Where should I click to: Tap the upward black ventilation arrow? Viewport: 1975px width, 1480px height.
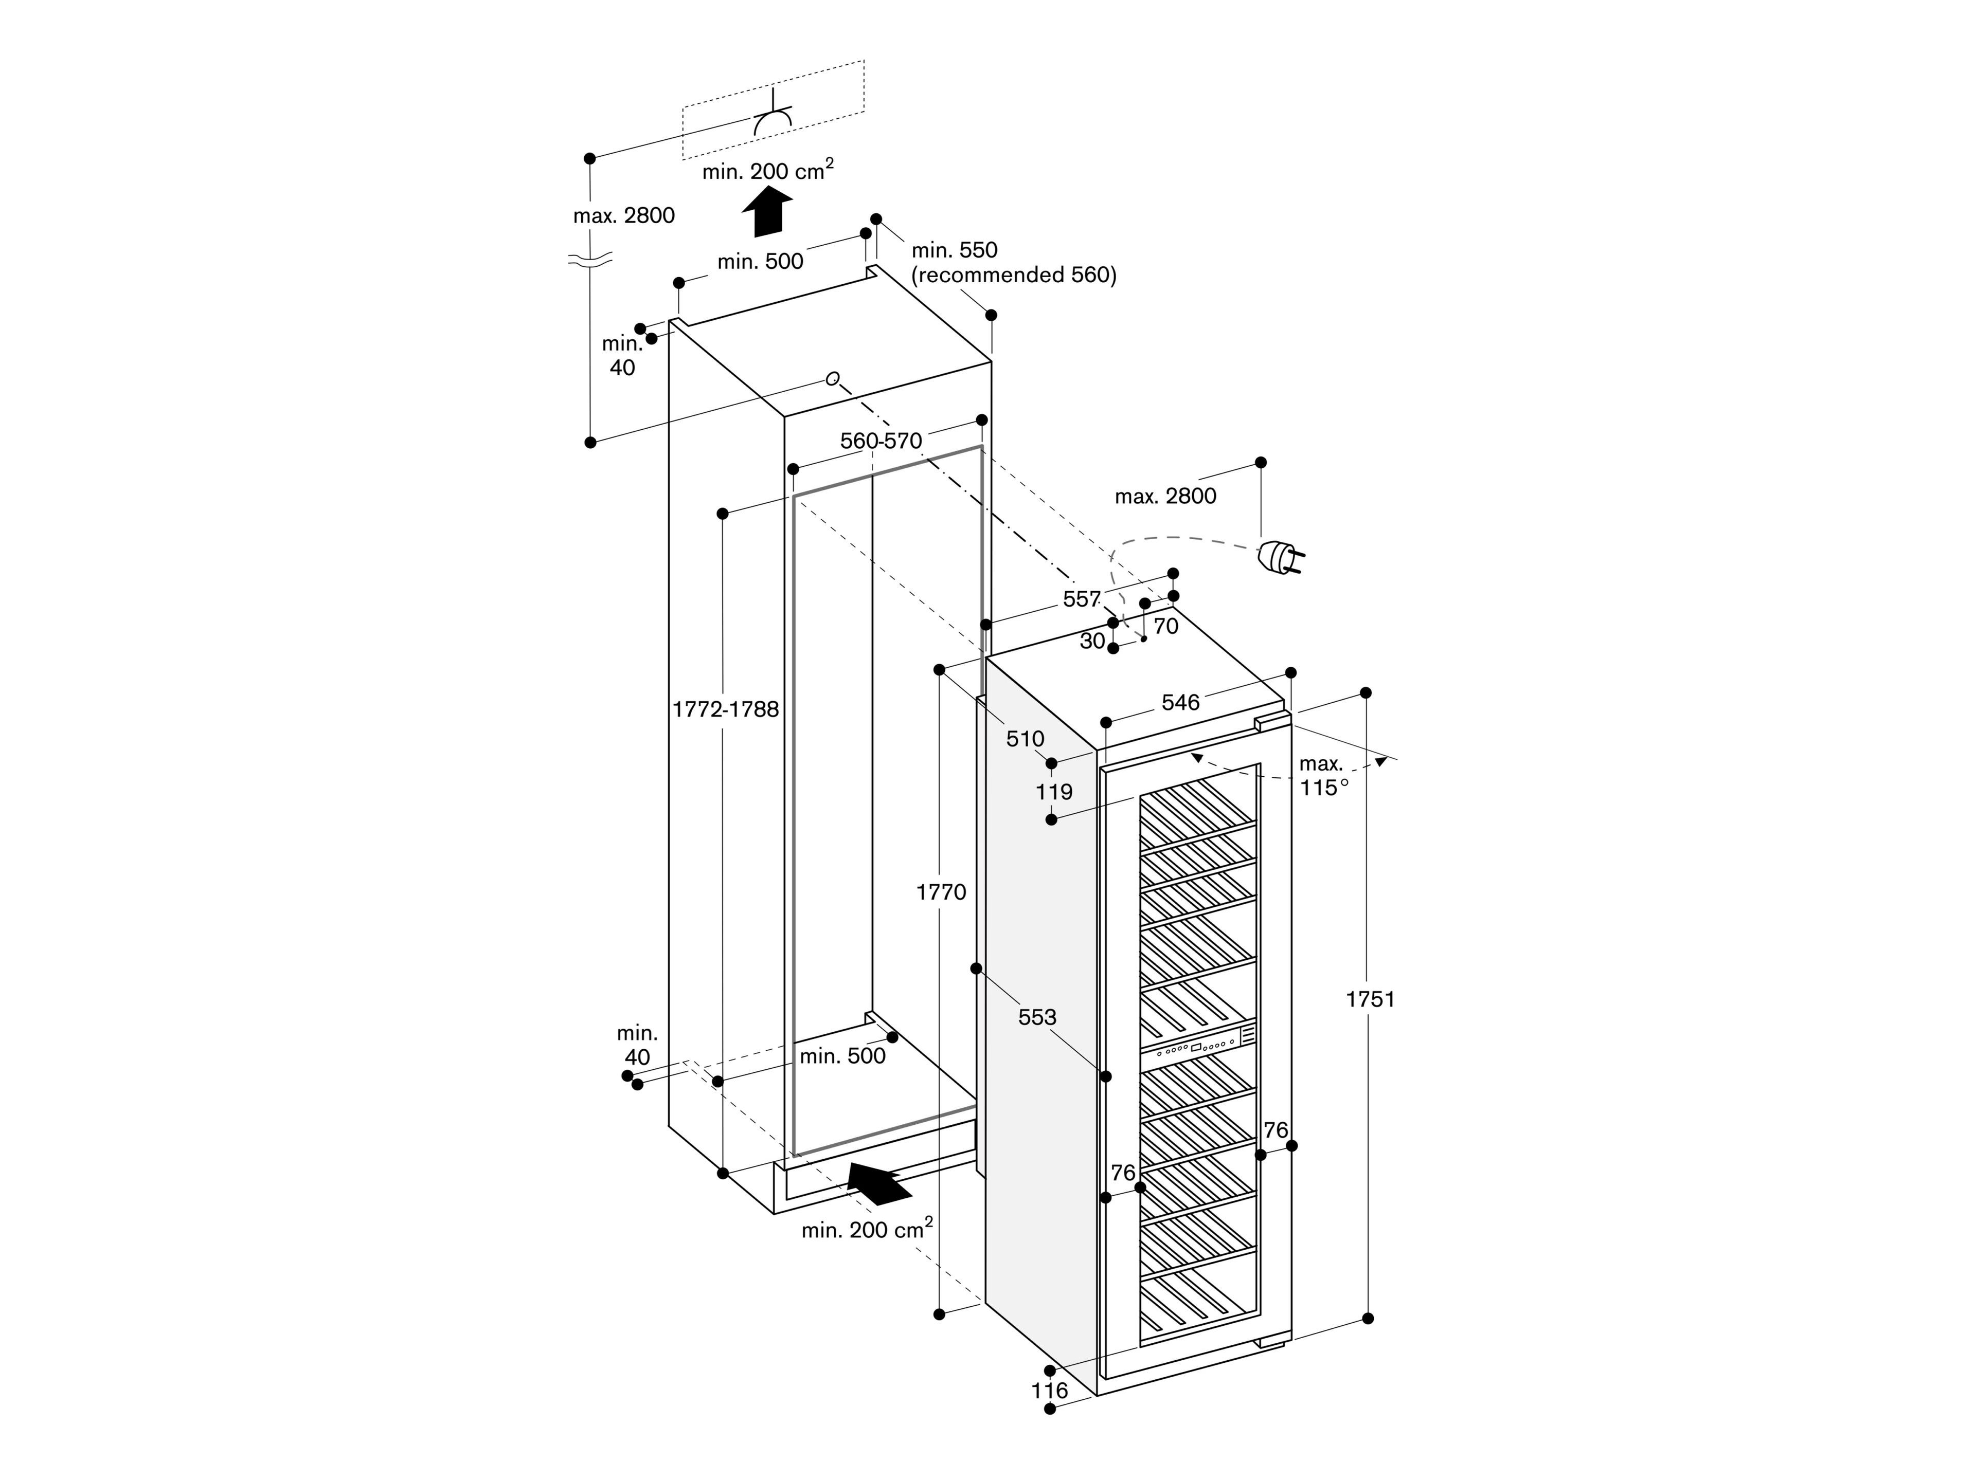[767, 212]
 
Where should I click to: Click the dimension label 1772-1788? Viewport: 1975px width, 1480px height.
[725, 709]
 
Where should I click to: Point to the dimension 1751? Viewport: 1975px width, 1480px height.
[1370, 1000]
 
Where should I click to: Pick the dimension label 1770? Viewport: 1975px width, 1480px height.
[941, 892]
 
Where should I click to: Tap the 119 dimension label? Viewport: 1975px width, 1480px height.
[1053, 792]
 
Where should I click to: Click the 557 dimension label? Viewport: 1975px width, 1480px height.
[1081, 599]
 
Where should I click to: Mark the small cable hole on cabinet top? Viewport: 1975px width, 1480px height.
[832, 378]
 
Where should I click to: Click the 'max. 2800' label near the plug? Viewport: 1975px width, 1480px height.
[1165, 496]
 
